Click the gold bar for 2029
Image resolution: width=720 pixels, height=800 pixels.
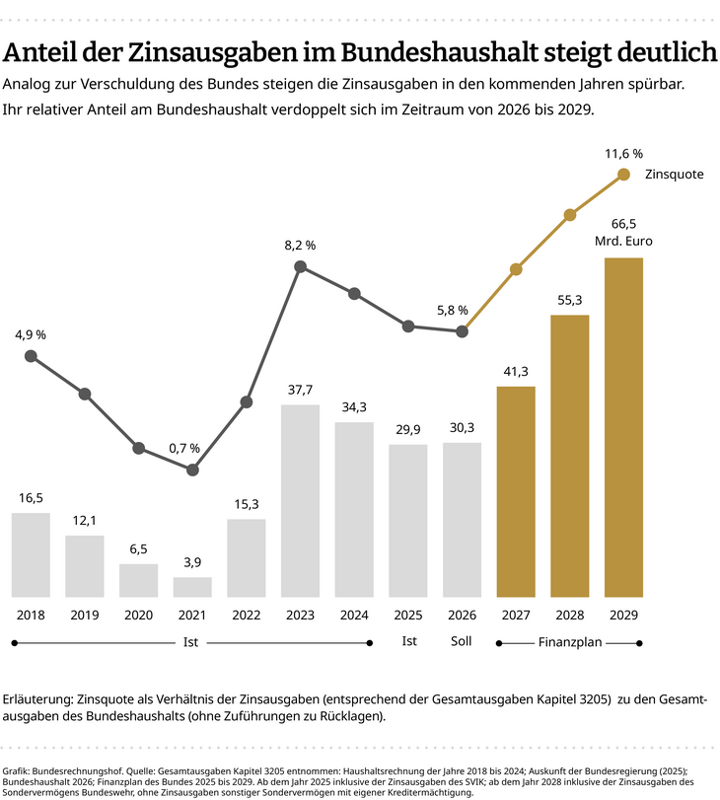[x=623, y=427]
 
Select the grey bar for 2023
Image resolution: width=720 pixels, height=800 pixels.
[x=300, y=501]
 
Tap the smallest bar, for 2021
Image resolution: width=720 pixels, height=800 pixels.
[x=192, y=587]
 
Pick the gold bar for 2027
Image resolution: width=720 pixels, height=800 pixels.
[x=516, y=491]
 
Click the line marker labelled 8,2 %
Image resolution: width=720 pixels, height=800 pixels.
[x=300, y=267]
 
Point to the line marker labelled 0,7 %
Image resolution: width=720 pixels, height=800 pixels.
[x=192, y=471]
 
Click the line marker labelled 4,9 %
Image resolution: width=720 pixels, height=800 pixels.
[x=31, y=356]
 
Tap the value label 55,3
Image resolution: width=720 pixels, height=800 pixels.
[x=570, y=300]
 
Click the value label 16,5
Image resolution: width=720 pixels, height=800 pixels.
[x=31, y=498]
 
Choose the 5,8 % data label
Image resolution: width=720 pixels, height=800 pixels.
[x=452, y=311]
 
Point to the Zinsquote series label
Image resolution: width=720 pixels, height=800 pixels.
[x=674, y=175]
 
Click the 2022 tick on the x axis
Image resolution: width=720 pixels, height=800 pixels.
[x=246, y=615]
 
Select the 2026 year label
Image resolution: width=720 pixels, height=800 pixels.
[x=462, y=615]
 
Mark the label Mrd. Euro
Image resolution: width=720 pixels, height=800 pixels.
[x=623, y=241]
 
